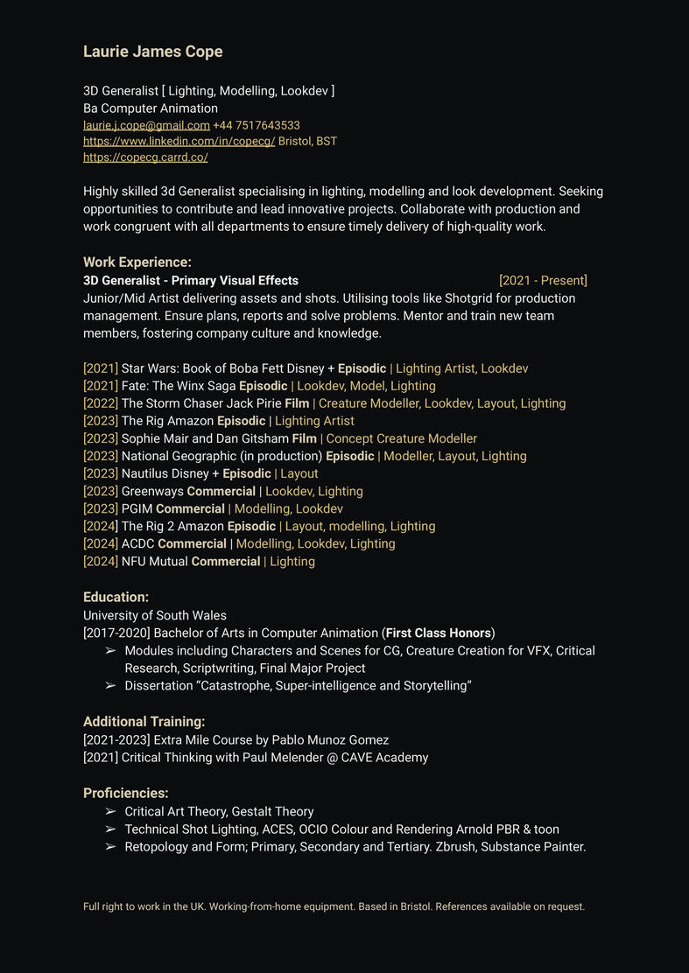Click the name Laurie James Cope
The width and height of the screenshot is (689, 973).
tap(152, 52)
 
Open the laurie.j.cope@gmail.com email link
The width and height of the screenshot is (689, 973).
tap(146, 125)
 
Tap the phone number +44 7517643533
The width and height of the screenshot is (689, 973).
tap(257, 125)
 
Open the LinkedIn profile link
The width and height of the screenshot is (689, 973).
tap(179, 141)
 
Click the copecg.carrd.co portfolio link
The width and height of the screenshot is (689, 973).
tap(145, 157)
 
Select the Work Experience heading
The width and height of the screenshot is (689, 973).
tap(137, 262)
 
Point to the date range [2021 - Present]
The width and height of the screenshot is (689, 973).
tap(543, 280)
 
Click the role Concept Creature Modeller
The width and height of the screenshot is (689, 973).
tap(401, 438)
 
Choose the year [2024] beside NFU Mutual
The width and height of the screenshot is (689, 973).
tap(100, 561)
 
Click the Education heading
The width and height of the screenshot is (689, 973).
tap(116, 597)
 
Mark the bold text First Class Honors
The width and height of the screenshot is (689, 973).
tap(438, 633)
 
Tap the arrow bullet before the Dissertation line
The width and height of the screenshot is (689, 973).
tap(110, 686)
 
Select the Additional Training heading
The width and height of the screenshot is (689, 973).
tap(144, 722)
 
